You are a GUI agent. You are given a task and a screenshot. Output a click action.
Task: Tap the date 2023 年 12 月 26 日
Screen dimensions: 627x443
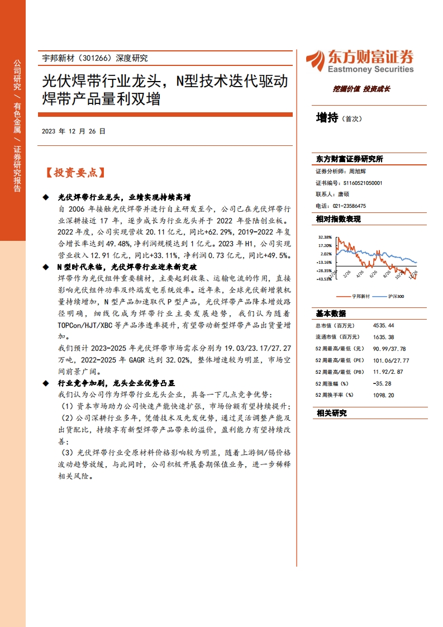point(73,131)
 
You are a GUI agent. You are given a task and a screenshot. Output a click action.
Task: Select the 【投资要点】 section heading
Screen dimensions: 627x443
point(75,173)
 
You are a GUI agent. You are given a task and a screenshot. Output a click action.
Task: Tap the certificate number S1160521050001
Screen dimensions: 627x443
point(363,183)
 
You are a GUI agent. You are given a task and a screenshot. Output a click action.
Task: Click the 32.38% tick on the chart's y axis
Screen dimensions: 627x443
point(325,237)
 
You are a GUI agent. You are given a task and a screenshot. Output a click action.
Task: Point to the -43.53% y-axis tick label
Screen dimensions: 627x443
point(324,279)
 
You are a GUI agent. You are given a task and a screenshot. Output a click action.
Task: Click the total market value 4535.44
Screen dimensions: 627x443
point(383,325)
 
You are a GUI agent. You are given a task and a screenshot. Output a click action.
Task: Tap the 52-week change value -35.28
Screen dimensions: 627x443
point(382,383)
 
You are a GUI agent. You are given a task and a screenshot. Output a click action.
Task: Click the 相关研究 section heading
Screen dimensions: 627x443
point(331,414)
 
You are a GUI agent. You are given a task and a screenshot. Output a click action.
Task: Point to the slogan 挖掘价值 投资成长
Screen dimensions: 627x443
point(361,88)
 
